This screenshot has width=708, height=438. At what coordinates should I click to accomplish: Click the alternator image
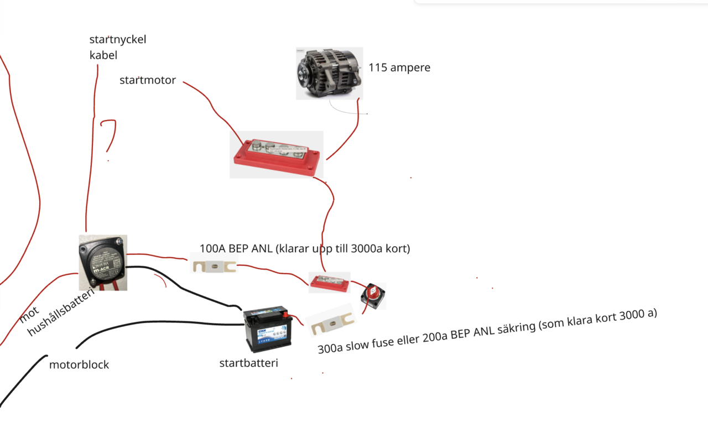pyautogui.click(x=329, y=73)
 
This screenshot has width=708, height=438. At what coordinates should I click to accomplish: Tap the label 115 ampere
pyautogui.click(x=399, y=68)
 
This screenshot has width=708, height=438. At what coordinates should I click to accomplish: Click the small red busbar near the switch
pyautogui.click(x=329, y=283)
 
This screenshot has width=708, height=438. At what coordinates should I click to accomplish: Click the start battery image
pyautogui.click(x=268, y=331)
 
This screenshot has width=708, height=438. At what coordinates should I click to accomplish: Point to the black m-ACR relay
pyautogui.click(x=103, y=262)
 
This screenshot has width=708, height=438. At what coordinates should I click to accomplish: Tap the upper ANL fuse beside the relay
pyautogui.click(x=214, y=266)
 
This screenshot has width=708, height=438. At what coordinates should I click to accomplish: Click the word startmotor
pyautogui.click(x=148, y=80)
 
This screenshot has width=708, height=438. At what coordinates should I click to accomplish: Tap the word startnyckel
pyautogui.click(x=118, y=40)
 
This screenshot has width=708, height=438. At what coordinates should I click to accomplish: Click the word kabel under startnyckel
pyautogui.click(x=103, y=55)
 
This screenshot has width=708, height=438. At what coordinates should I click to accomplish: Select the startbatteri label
pyautogui.click(x=248, y=363)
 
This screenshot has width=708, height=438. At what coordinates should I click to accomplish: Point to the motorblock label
pyautogui.click(x=79, y=365)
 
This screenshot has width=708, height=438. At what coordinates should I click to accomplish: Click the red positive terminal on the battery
pyautogui.click(x=286, y=316)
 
